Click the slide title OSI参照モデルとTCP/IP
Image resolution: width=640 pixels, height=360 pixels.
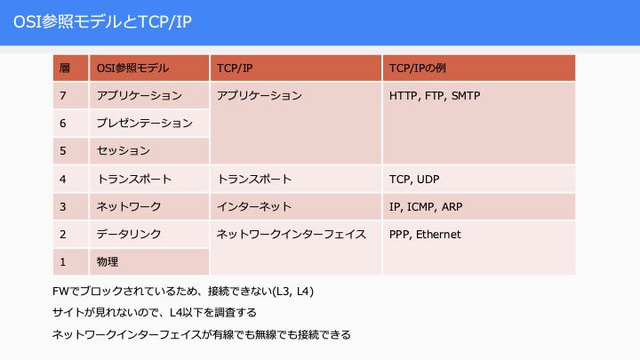pyautogui.click(x=102, y=21)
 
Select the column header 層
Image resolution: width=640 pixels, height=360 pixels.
pyautogui.click(x=70, y=68)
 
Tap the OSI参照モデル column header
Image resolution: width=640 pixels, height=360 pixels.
pyautogui.click(x=149, y=68)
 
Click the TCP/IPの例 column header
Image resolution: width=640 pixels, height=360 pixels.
pyautogui.click(x=479, y=68)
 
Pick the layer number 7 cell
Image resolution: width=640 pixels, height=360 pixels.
pyautogui.click(x=70, y=95)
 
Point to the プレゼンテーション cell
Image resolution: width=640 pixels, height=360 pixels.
pyautogui.click(x=149, y=123)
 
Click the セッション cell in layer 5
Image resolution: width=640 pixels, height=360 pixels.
pyautogui.click(x=149, y=150)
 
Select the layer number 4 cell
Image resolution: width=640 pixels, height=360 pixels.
pyautogui.click(x=70, y=179)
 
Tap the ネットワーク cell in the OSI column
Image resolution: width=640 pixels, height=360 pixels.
pyautogui.click(x=149, y=206)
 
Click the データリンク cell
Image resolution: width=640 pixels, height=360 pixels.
pyautogui.click(x=149, y=234)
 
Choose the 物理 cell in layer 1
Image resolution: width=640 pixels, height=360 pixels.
pyautogui.click(x=149, y=261)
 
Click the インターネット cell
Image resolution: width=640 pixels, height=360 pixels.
pyautogui.click(x=296, y=206)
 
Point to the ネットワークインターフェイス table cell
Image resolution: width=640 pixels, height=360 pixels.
pyautogui.click(x=296, y=248)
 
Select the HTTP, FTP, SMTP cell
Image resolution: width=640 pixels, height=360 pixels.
pyautogui.click(x=479, y=124)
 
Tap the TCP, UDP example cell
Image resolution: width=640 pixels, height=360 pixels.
pyautogui.click(x=479, y=179)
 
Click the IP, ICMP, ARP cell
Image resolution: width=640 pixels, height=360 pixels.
pyautogui.click(x=479, y=206)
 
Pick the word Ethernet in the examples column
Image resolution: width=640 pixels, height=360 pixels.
pyautogui.click(x=438, y=235)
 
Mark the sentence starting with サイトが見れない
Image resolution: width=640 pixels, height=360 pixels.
pyautogui.click(x=155, y=313)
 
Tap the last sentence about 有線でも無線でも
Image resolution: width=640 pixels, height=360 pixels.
pyautogui.click(x=202, y=335)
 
